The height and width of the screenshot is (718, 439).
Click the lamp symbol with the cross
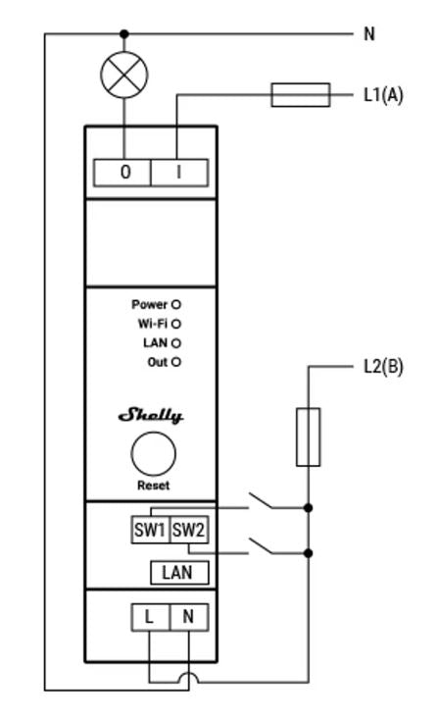[123, 75]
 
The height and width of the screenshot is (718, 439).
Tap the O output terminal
[122, 173]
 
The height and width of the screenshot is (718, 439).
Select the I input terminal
[179, 173]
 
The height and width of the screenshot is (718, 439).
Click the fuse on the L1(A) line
[301, 95]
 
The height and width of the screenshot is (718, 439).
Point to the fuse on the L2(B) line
[309, 436]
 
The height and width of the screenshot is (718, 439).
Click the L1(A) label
[383, 95]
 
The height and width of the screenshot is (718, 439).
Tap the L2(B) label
[383, 366]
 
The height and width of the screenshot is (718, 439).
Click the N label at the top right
[369, 33]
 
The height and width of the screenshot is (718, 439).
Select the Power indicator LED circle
[176, 304]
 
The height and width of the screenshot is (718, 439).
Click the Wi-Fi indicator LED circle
[176, 324]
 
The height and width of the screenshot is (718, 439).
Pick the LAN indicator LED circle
[176, 343]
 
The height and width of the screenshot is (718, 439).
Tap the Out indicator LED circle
[176, 362]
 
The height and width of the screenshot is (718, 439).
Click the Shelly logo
[151, 415]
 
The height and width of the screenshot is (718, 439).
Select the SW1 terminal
[151, 530]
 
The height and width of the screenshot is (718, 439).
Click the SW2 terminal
[189, 530]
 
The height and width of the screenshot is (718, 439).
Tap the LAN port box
[179, 573]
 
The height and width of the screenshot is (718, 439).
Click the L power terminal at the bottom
[151, 617]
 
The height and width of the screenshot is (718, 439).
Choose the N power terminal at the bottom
[189, 617]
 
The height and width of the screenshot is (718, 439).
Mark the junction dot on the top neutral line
[123, 34]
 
